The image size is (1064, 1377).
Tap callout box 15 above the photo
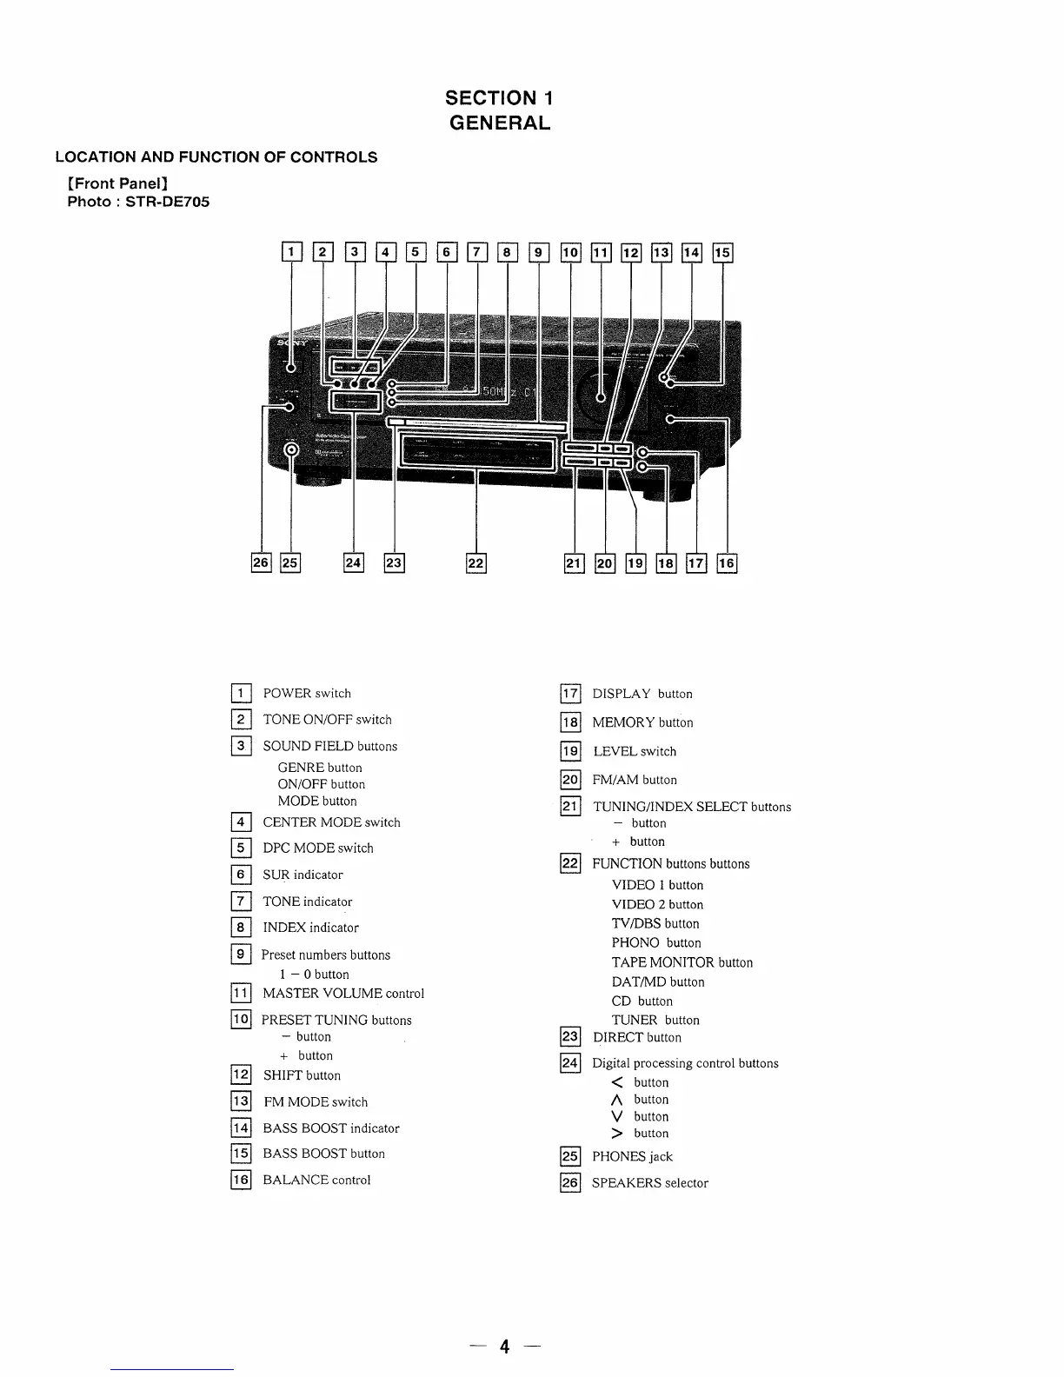click(x=722, y=252)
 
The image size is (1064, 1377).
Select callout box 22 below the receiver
click(x=476, y=563)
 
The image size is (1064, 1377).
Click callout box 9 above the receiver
click(x=539, y=252)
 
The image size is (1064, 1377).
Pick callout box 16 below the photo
click(x=727, y=563)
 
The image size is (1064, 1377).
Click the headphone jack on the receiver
click(x=292, y=449)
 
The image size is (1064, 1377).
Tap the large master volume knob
click(x=601, y=396)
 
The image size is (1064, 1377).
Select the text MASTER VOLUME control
click(x=343, y=994)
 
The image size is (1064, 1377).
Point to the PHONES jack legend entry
click(x=632, y=1157)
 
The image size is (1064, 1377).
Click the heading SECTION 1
click(x=499, y=98)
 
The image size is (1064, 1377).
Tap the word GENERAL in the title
click(x=499, y=123)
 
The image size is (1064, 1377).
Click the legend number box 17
click(x=570, y=694)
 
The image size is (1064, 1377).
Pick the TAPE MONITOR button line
click(x=682, y=963)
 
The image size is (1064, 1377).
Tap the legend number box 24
click(x=570, y=1063)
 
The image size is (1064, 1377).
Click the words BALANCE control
click(x=316, y=1181)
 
